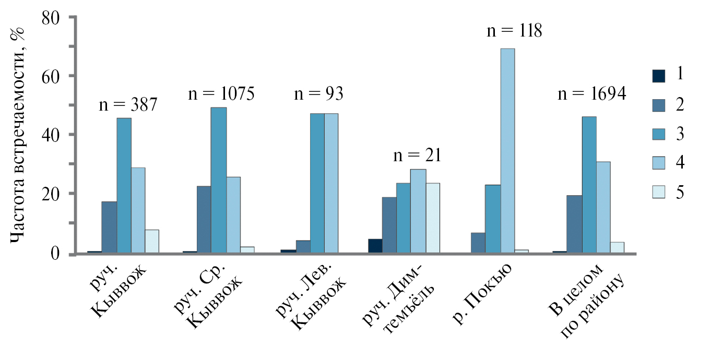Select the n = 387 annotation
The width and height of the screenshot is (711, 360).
pyautogui.click(x=128, y=105)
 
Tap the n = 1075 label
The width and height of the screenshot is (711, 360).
pyautogui.click(x=221, y=94)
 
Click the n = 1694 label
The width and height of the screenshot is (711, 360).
pyautogui.click(x=592, y=94)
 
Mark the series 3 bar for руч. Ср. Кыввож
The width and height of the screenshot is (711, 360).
pyautogui.click(x=219, y=180)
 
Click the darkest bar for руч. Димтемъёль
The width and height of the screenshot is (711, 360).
pyautogui.click(x=375, y=246)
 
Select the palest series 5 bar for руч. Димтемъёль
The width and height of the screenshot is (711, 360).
pyautogui.click(x=433, y=218)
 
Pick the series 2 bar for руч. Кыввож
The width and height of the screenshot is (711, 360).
pyautogui.click(x=109, y=227)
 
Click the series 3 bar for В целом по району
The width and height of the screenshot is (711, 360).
pyautogui.click(x=589, y=185)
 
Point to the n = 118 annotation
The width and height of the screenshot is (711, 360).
pyautogui.click(x=514, y=30)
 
